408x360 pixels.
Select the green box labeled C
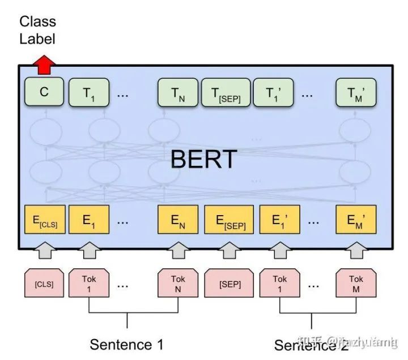(x=44, y=93)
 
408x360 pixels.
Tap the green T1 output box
(x=89, y=93)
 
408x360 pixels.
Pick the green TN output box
(x=177, y=93)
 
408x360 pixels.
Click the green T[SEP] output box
(x=226, y=93)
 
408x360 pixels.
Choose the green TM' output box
(x=356, y=93)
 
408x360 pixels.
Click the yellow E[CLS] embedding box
(x=45, y=221)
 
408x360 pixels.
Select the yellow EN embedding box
(x=177, y=221)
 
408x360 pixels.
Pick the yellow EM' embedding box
(x=356, y=221)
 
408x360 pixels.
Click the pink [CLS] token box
(x=44, y=284)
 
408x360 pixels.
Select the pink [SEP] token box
(x=229, y=284)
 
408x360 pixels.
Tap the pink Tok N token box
(x=177, y=284)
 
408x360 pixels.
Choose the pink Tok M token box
(x=356, y=284)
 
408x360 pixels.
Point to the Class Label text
(x=37, y=30)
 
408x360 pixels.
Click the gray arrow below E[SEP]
(x=229, y=250)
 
